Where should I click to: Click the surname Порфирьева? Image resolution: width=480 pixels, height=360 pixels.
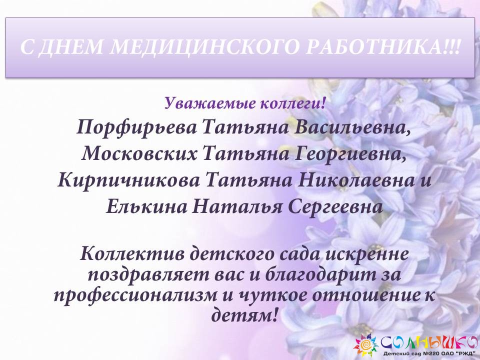(x=136, y=127)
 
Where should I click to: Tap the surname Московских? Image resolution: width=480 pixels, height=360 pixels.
(x=139, y=153)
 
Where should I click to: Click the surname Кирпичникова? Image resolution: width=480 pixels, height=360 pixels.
(x=128, y=180)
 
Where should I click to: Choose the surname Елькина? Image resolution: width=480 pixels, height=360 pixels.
(x=146, y=207)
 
